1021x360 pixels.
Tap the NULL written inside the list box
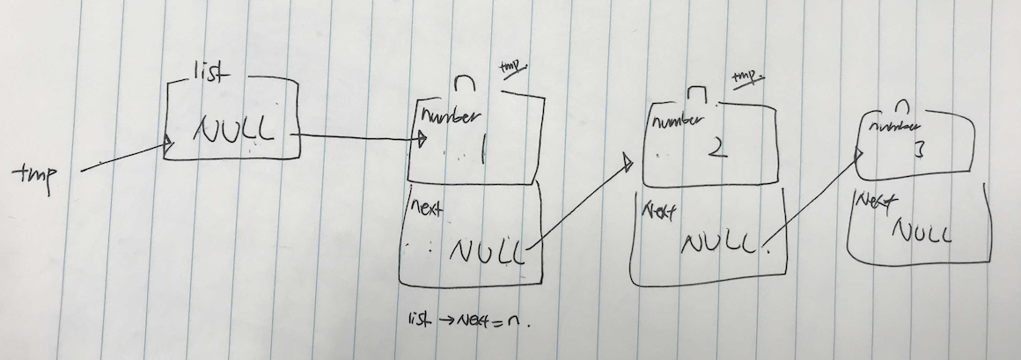coord(233,132)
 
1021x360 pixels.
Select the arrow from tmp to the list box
coord(123,159)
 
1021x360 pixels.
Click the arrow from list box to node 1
coord(361,137)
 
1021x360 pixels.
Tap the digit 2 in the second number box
coord(716,147)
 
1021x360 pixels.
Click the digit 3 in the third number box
coord(917,151)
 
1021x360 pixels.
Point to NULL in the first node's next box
coord(486,252)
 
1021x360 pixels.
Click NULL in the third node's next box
coord(922,231)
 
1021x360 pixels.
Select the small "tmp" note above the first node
coord(512,68)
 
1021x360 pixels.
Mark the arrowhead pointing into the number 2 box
coord(628,160)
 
